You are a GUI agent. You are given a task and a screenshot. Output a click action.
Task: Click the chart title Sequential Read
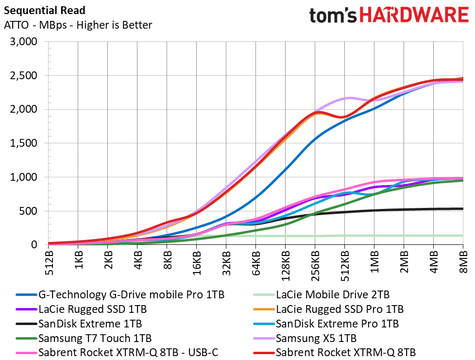pos(45,11)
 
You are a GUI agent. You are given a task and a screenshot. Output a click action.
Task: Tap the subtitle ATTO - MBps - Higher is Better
pos(78,25)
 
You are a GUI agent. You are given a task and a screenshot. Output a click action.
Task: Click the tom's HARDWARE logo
pos(389,15)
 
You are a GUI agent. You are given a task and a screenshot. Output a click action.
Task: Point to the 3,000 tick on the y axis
pos(24,41)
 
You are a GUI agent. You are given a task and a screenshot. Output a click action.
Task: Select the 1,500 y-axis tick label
pos(24,143)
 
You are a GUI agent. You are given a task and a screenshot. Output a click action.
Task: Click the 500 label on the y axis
pos(28,211)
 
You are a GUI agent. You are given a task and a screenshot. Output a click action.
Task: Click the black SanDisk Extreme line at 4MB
pos(434,209)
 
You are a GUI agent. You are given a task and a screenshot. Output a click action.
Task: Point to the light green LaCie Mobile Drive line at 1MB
pos(374,236)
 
